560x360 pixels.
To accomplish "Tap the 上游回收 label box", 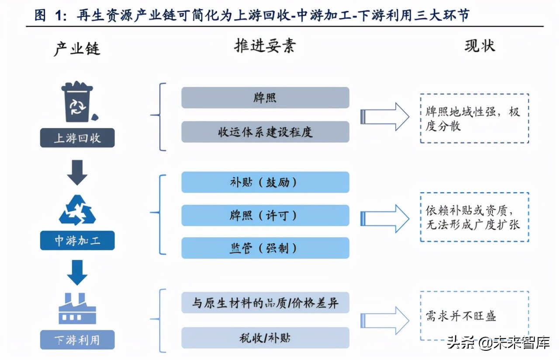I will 77,138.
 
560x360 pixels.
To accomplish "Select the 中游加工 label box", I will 77,240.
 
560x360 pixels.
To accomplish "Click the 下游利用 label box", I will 77,339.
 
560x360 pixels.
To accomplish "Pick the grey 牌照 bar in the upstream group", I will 265,97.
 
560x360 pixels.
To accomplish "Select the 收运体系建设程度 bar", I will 265,132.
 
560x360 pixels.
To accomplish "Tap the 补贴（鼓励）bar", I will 265,182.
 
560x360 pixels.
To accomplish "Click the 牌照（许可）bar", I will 265,215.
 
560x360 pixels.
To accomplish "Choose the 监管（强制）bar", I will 265,248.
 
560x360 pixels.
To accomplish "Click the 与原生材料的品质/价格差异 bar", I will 265,302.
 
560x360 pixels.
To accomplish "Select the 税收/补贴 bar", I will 265,338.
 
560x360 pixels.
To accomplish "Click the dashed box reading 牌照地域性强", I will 474,118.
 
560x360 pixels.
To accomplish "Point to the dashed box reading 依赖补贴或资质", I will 474,217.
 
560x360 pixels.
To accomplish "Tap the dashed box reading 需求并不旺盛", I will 474,315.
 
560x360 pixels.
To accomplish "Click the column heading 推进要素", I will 265,46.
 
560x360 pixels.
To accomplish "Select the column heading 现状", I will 480,46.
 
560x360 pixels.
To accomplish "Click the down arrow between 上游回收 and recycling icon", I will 77,172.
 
